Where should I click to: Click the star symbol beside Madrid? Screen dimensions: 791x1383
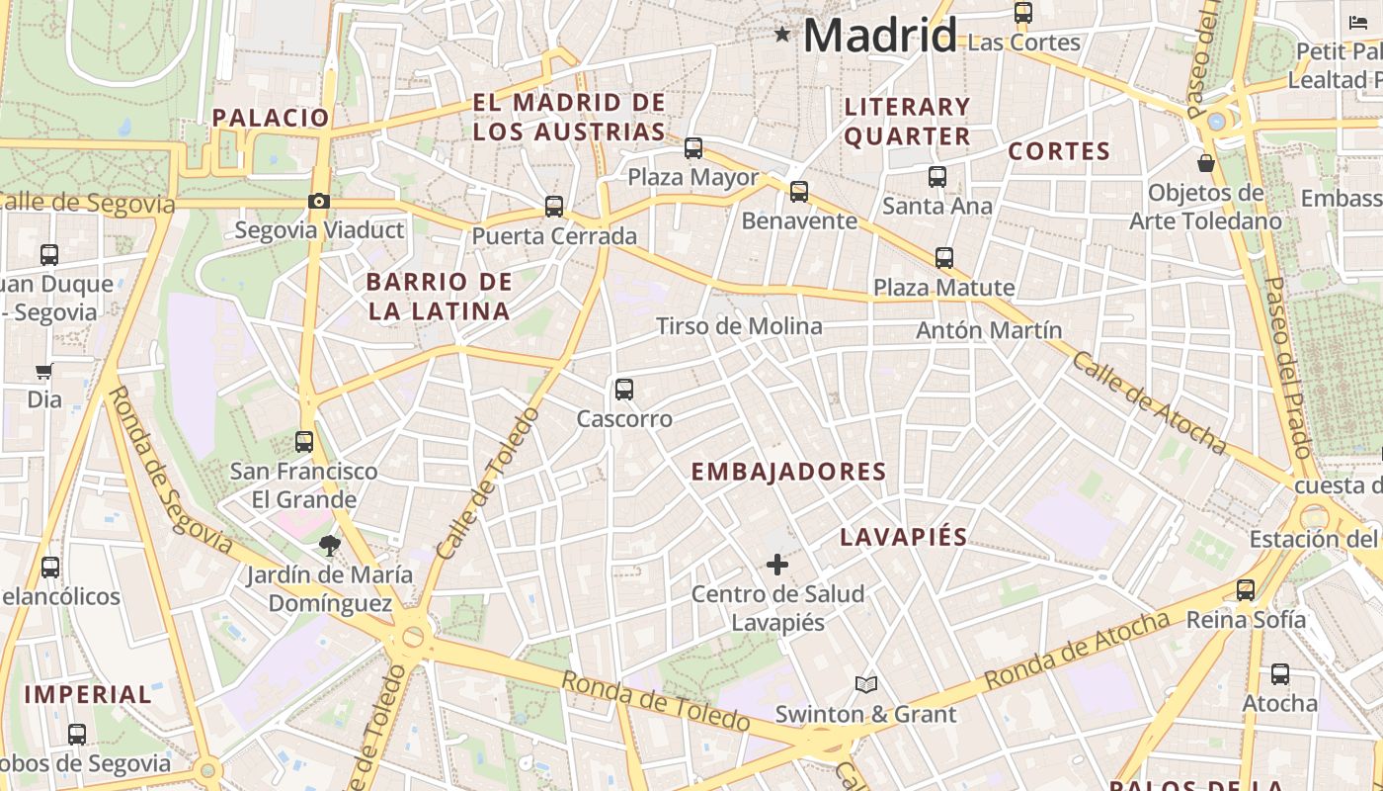click(782, 36)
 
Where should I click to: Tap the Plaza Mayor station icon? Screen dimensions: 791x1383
click(693, 148)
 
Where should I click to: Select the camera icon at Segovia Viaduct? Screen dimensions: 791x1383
click(318, 202)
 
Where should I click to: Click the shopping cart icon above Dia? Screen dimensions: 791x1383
click(43, 372)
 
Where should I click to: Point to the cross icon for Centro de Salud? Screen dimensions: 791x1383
click(777, 565)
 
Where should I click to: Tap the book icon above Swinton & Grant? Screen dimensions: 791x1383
click(866, 684)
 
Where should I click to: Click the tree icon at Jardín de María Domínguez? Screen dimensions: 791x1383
click(329, 545)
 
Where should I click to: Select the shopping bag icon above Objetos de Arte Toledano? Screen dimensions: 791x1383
click(1205, 163)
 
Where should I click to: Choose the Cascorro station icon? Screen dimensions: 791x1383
click(624, 390)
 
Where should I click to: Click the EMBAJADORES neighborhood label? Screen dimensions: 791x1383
click(788, 473)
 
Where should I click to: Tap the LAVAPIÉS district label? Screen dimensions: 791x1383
click(903, 538)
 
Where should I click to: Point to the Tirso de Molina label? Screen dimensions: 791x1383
click(739, 326)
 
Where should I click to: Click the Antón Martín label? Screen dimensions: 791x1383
click(989, 330)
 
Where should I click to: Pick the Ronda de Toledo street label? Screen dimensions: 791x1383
click(655, 701)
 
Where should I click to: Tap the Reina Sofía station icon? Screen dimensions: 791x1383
click(1246, 590)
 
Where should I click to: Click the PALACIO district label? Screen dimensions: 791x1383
click(271, 118)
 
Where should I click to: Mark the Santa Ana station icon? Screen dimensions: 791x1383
click(937, 177)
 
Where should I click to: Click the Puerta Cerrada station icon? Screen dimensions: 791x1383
click(554, 207)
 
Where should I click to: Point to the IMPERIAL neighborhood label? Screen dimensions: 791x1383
click(88, 694)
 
